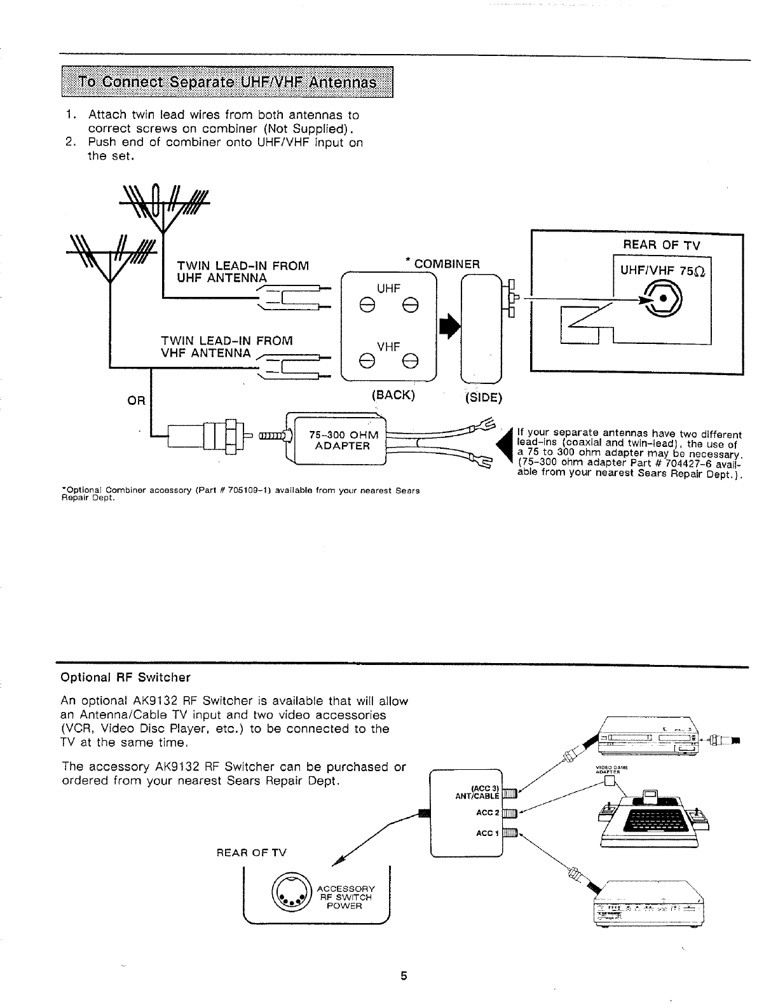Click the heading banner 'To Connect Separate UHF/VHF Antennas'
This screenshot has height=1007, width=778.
227,83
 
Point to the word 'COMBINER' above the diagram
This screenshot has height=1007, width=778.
447,264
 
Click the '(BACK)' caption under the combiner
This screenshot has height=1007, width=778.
392,395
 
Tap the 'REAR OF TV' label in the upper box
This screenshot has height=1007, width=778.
662,245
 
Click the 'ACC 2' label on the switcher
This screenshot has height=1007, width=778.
485,812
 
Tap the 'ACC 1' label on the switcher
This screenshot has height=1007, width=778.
485,833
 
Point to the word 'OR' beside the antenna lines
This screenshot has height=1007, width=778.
137,401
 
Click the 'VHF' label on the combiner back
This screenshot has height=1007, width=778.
388,346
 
